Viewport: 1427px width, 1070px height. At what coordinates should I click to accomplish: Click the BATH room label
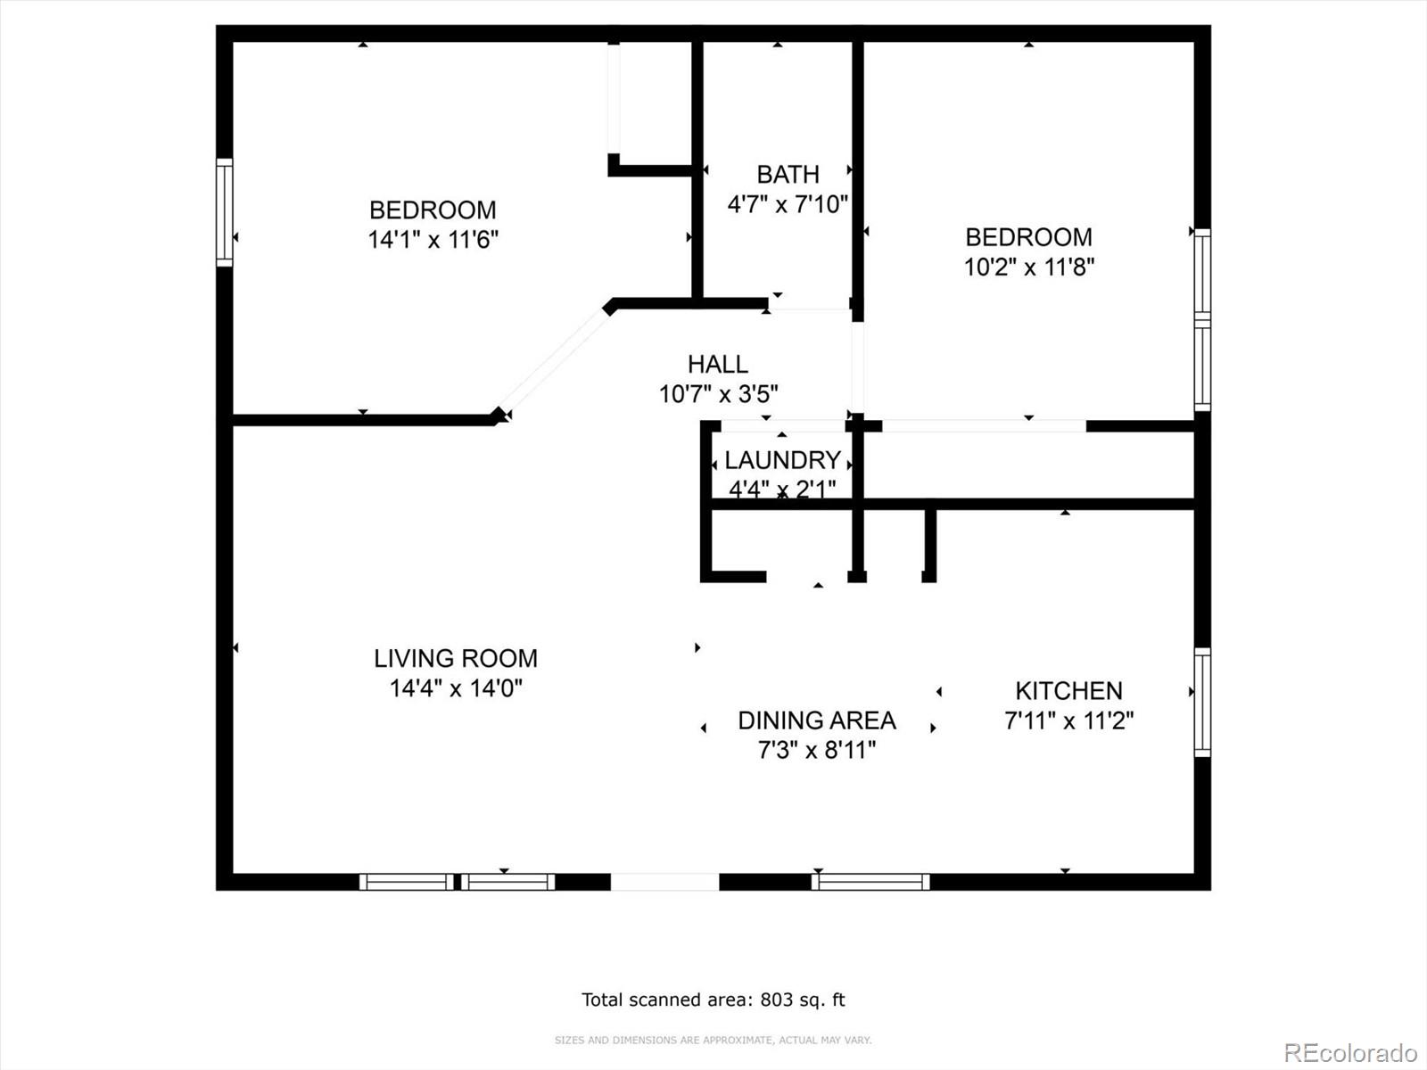[x=788, y=174]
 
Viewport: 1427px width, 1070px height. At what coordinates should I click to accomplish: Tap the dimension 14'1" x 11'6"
[x=433, y=240]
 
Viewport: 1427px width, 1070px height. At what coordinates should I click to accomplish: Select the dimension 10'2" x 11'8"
[x=1028, y=267]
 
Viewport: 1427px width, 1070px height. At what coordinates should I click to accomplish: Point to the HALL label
[x=717, y=364]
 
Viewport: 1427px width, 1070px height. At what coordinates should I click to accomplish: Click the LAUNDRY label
[x=782, y=460]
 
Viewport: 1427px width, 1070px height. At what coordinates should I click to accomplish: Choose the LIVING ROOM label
[x=455, y=658]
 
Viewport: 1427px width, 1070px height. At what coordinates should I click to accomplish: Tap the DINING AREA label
[x=816, y=720]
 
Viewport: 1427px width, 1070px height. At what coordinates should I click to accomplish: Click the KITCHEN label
[x=1068, y=691]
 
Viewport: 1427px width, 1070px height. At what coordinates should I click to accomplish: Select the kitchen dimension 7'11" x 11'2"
[x=1068, y=720]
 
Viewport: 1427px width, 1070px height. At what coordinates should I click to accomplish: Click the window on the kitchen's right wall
[x=1202, y=703]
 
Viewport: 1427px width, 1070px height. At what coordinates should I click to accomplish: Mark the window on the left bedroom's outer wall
[x=225, y=212]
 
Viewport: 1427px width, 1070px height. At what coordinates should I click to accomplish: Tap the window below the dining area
[x=870, y=882]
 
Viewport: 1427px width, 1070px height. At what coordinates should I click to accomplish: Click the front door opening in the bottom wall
[x=664, y=882]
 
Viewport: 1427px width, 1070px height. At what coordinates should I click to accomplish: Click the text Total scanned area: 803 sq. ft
[x=713, y=1000]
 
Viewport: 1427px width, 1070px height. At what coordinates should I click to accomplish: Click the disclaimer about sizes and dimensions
[x=713, y=1040]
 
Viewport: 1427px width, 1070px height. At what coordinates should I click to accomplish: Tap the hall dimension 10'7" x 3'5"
[x=718, y=393]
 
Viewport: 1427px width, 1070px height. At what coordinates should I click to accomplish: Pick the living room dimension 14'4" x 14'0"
[x=455, y=688]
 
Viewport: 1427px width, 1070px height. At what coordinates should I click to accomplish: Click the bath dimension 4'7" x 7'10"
[x=788, y=204]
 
